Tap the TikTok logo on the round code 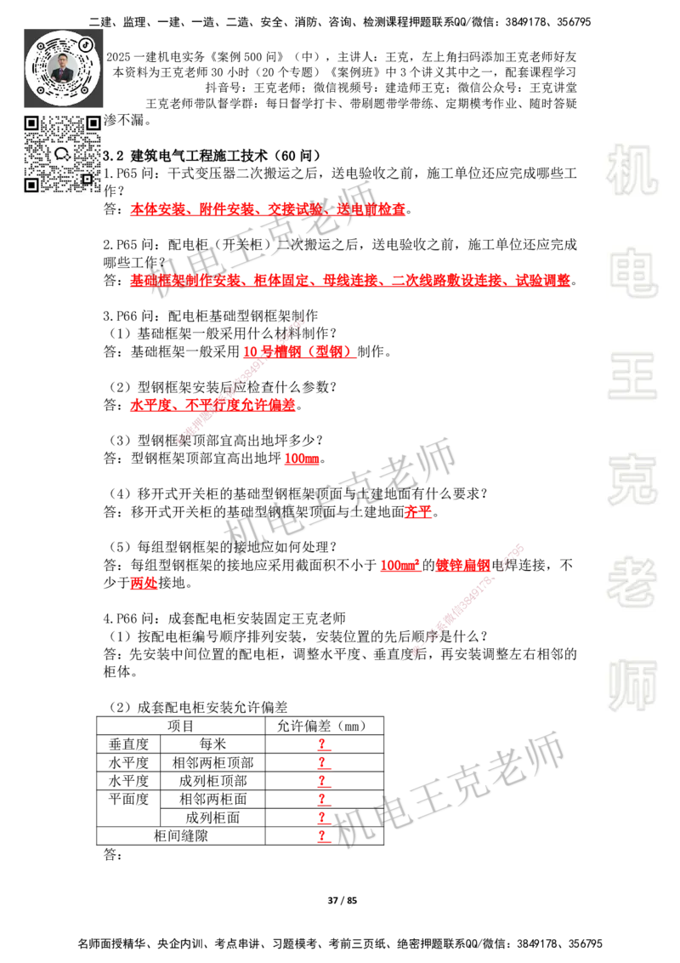pos(87,44)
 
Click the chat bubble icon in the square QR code pos(62,154)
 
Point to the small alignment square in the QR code pos(87,179)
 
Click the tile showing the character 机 pos(632,170)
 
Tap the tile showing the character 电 pos(636,272)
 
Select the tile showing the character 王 pos(632,377)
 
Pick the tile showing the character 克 pos(632,480)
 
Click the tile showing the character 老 pos(632,582)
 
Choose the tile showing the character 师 pos(632,687)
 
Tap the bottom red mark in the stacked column pos(323,837)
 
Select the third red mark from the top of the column pos(323,781)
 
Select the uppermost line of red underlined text pos(269,209)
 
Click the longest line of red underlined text pos(349,279)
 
